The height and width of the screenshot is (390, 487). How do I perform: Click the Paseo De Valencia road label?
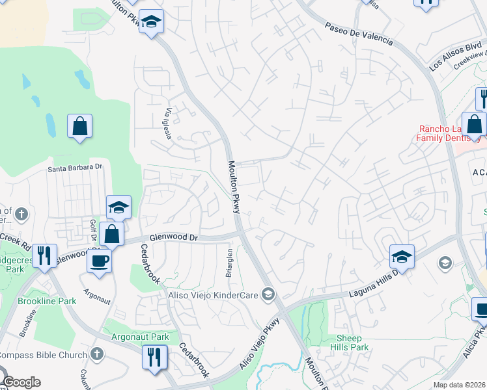[x=359, y=32]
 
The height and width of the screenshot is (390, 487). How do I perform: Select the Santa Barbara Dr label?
[x=76, y=167]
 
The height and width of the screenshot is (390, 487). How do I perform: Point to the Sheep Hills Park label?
[x=352, y=343]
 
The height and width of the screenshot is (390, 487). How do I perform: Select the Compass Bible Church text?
[x=42, y=355]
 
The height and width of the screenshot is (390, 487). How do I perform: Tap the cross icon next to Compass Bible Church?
[x=97, y=355]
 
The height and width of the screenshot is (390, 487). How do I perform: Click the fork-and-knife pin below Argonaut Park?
[x=154, y=357]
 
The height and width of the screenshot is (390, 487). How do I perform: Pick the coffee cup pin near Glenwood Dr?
[x=99, y=260]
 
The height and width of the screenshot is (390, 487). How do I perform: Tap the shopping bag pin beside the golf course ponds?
[x=79, y=125]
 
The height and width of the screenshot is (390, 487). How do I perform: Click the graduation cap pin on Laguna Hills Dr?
[x=402, y=256]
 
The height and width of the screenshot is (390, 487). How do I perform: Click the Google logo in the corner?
[x=21, y=382]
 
